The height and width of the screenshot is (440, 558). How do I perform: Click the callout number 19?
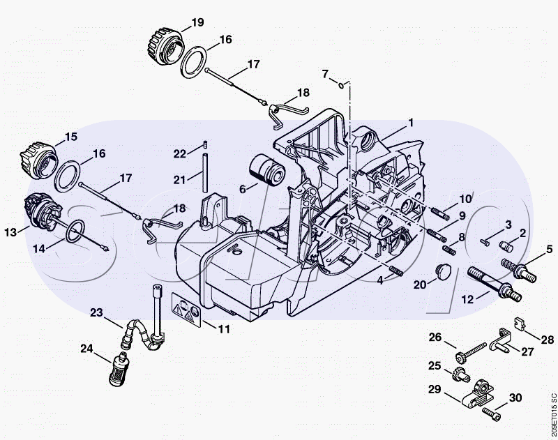(x=197, y=22)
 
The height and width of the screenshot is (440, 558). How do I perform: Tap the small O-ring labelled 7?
(x=341, y=85)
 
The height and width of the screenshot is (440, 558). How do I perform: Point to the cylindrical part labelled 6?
(x=267, y=170)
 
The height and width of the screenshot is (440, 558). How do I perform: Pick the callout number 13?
(x=10, y=232)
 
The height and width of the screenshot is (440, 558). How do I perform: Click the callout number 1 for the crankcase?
(x=411, y=123)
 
